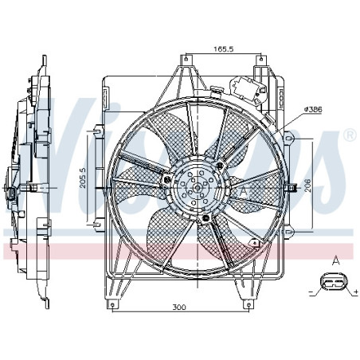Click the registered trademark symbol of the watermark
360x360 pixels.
point(348,136)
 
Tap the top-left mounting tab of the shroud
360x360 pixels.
point(188,58)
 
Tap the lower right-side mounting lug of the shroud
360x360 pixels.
point(290,231)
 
